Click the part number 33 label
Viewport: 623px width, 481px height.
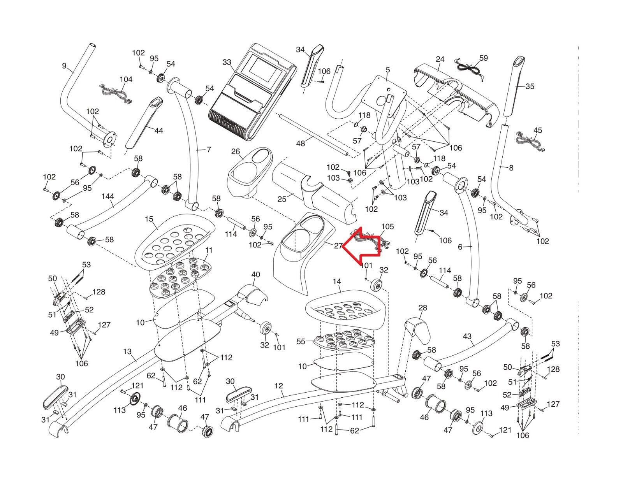point(227,62)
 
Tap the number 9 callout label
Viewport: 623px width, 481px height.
point(64,66)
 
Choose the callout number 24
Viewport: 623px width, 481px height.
point(440,59)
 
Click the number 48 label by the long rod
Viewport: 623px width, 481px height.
point(300,143)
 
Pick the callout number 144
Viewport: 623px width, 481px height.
point(108,196)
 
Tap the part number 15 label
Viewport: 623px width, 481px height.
point(149,219)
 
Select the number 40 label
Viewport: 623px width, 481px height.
point(256,274)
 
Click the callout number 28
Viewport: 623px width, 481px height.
point(422,308)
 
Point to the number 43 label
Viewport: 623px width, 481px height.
point(467,336)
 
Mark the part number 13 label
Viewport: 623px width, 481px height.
point(127,351)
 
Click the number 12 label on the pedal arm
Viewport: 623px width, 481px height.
point(279,386)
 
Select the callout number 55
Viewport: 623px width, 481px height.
point(301,341)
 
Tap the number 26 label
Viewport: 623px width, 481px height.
point(236,151)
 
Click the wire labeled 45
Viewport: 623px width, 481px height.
point(530,141)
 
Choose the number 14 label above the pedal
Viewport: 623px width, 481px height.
point(337,282)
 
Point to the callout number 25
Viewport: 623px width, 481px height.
point(282,199)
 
